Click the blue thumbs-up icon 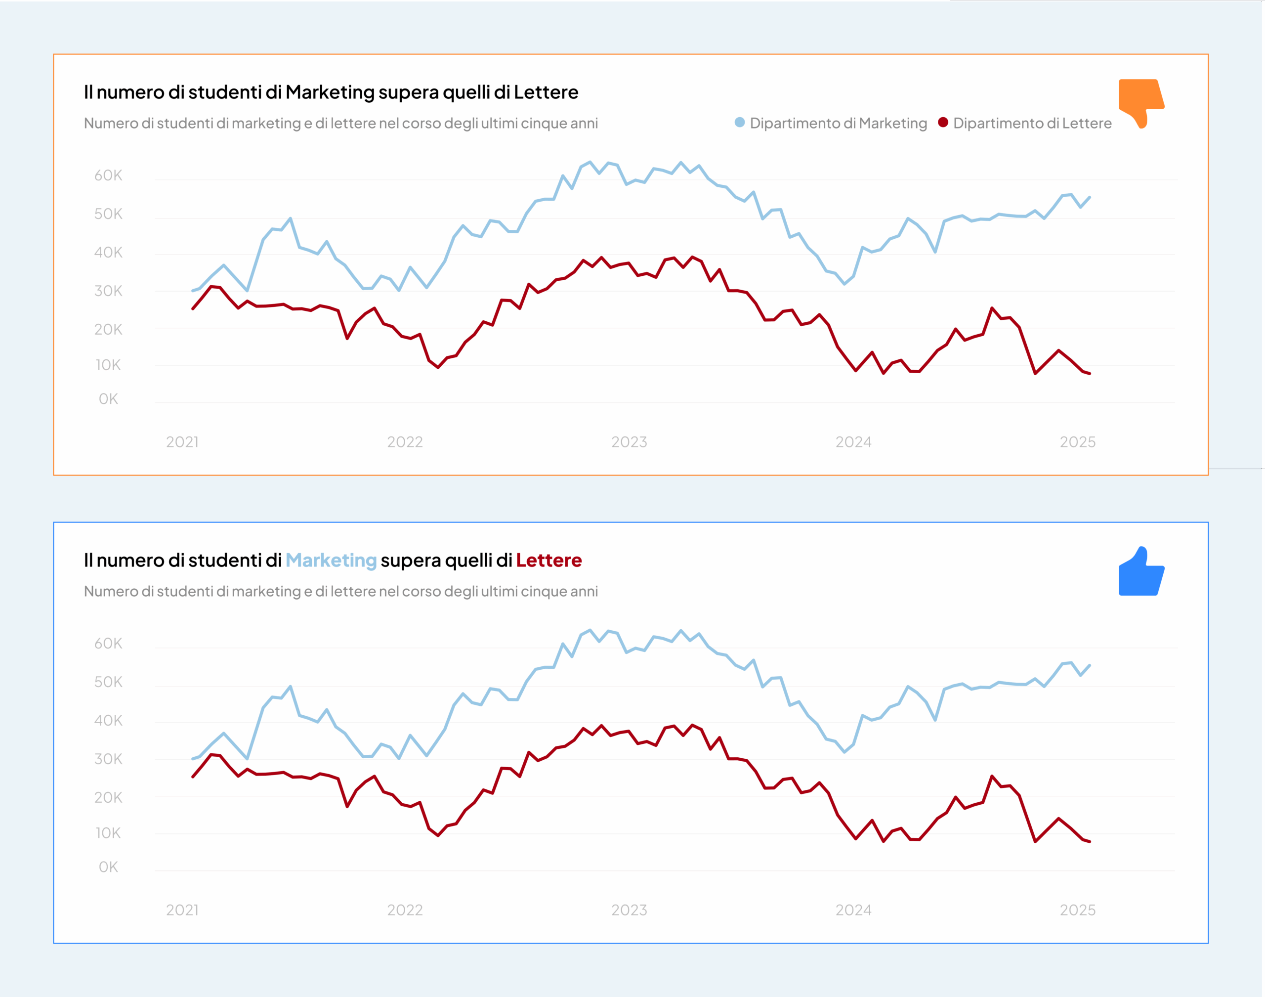1140,573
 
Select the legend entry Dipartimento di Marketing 838,123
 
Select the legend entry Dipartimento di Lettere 1032,123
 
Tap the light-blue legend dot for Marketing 739,123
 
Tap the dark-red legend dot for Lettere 942,123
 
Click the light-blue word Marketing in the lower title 331,561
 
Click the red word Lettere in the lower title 548,561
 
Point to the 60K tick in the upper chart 109,175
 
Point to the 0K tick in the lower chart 109,867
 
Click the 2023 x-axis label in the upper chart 629,442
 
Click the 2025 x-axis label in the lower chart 1077,910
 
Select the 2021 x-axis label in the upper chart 182,442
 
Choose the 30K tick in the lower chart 109,759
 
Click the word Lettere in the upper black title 546,92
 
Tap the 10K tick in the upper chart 109,365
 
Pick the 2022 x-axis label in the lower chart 405,910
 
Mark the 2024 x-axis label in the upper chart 853,442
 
